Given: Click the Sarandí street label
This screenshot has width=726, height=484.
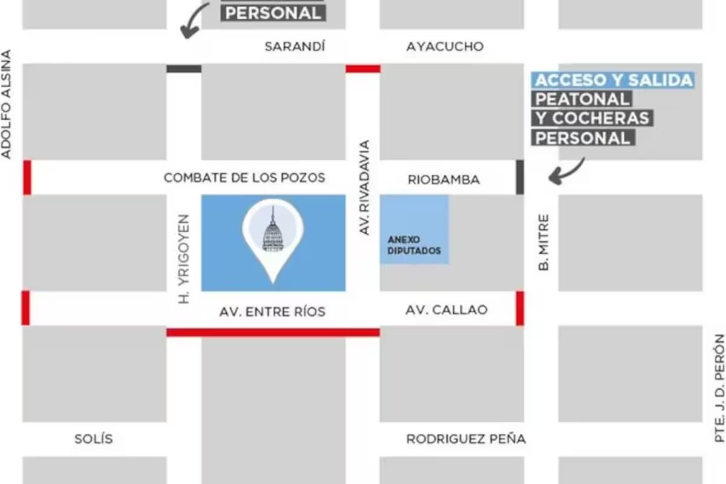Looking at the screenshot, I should (x=295, y=47).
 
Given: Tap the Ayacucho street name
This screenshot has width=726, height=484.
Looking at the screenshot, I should (x=445, y=47).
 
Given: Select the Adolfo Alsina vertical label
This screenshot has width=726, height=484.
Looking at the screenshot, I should (x=7, y=105).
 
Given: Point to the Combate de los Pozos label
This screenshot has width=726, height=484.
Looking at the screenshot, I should (x=244, y=178).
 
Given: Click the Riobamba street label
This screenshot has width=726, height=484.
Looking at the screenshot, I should (x=443, y=180).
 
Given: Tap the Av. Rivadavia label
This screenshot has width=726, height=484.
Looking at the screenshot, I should (x=364, y=188).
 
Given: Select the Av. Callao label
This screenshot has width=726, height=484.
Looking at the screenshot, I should (x=446, y=310).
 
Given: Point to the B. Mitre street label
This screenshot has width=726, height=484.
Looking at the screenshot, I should (x=544, y=241).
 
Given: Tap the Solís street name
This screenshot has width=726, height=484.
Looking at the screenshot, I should (x=93, y=439).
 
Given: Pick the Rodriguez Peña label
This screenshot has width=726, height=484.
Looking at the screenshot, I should (x=465, y=439).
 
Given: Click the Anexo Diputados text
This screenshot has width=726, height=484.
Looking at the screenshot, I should (x=414, y=245).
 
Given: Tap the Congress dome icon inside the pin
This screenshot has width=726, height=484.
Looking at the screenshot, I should (x=273, y=232).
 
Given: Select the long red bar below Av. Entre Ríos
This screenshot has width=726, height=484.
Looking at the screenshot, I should (x=273, y=332).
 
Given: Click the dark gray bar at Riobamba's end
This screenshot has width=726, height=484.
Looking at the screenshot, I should (x=520, y=177).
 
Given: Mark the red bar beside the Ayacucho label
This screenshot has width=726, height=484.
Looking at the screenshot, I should (x=363, y=69).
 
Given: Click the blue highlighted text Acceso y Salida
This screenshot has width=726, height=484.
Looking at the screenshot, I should (x=613, y=80).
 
